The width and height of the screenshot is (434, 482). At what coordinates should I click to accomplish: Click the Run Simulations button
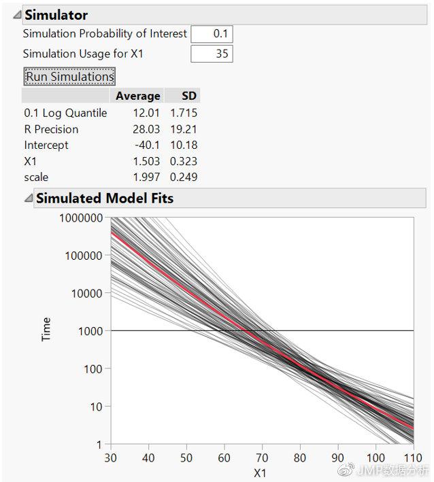click(x=69, y=76)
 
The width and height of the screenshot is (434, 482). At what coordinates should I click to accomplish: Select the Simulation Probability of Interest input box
click(x=212, y=34)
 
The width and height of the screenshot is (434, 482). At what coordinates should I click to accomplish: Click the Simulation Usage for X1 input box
click(x=212, y=54)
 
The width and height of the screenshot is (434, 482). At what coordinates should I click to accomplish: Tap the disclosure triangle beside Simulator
click(x=16, y=15)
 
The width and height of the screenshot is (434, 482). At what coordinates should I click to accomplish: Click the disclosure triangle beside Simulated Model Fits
click(x=27, y=199)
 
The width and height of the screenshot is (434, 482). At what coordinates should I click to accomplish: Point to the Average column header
click(x=137, y=96)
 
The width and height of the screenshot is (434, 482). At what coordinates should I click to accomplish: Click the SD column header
click(x=188, y=96)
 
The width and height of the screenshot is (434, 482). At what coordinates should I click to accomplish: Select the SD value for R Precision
click(x=184, y=129)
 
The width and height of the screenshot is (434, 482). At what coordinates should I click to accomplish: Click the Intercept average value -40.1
click(x=149, y=145)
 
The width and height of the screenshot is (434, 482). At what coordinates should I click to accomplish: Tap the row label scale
click(x=36, y=177)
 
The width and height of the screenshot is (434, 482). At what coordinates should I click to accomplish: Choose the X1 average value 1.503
click(x=148, y=162)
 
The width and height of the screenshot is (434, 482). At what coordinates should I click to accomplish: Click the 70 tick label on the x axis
click(x=262, y=457)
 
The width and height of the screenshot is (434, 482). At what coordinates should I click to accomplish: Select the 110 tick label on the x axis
click(x=412, y=457)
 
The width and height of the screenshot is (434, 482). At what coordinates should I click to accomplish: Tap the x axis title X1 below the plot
click(x=261, y=472)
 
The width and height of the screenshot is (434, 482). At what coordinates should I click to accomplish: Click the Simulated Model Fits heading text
click(x=104, y=199)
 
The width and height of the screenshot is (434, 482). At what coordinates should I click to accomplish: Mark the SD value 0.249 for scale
click(x=184, y=177)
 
